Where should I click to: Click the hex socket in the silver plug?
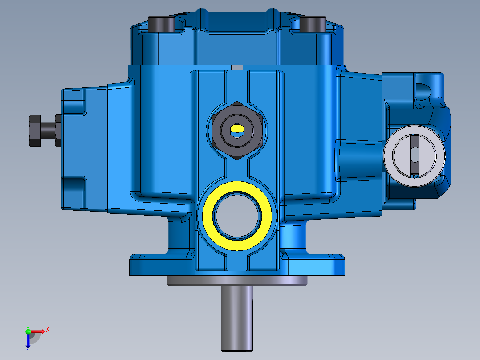(414, 155)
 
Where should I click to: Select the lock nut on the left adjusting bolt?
(58, 130)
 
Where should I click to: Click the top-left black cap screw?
(162, 24)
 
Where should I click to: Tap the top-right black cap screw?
(313, 24)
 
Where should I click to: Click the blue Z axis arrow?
(28, 341)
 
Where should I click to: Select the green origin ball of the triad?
(28, 331)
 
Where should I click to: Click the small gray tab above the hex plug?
(237, 67)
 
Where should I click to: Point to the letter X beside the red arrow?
(47, 329)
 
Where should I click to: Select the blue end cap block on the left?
(85, 147)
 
